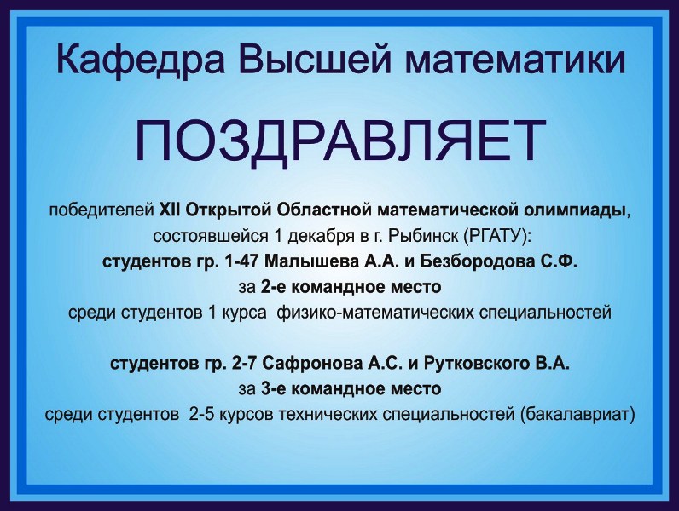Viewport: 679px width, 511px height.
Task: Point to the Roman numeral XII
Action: (x=170, y=210)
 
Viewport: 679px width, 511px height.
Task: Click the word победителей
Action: (x=102, y=210)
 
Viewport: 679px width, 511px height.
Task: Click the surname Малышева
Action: (x=310, y=261)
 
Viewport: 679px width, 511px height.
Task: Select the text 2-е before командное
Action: (x=274, y=287)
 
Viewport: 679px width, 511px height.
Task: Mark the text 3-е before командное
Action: (x=274, y=389)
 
